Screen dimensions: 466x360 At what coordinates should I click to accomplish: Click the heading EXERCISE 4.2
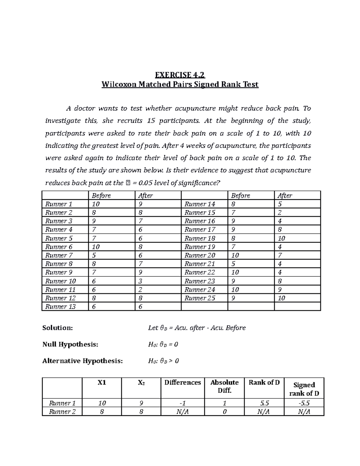180,74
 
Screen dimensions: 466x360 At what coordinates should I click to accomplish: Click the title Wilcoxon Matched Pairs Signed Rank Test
180,85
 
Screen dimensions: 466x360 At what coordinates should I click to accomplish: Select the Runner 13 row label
60,306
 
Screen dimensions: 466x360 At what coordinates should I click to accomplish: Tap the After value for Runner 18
281,238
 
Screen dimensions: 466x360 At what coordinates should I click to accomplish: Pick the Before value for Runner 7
94,255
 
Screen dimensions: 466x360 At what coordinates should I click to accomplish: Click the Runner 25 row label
199,298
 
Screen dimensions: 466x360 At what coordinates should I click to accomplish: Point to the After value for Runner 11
140,290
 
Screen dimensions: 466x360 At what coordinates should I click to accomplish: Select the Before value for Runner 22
235,272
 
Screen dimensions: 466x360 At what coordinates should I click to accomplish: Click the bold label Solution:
58,328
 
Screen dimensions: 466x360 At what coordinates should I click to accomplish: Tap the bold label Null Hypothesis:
70,344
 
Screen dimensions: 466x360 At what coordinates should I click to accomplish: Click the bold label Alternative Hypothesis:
82,361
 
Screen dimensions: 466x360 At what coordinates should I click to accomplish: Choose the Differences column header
182,383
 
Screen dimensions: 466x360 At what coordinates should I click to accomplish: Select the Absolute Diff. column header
224,386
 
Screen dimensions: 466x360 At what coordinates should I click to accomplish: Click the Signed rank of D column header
304,389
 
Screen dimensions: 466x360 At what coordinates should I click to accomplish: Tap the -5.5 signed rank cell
304,403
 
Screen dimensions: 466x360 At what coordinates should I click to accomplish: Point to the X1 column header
102,383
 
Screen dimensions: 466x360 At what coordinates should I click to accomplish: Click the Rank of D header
264,383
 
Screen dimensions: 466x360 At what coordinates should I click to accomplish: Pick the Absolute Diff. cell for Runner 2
224,412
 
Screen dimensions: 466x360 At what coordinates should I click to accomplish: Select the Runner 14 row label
199,204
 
